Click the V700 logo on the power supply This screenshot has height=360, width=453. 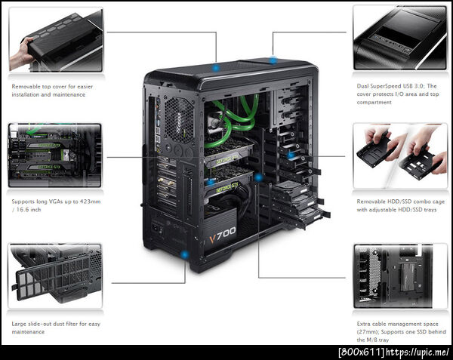[x=222, y=235]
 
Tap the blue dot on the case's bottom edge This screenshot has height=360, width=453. [x=184, y=254]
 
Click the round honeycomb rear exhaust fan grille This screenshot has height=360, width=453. [x=179, y=119]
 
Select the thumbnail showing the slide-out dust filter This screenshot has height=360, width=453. [x=55, y=275]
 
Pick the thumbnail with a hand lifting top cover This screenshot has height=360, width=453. [x=56, y=40]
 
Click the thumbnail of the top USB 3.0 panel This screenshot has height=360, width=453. [x=400, y=38]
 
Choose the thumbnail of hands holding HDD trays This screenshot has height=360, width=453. [x=400, y=156]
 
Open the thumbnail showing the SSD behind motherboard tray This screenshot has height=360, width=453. [x=400, y=276]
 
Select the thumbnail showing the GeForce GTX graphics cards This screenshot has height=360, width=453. [x=55, y=155]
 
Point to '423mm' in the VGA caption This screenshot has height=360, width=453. [x=91, y=202]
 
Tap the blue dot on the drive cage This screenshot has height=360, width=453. [x=291, y=155]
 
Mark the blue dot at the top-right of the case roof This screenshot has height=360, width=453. [x=273, y=60]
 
